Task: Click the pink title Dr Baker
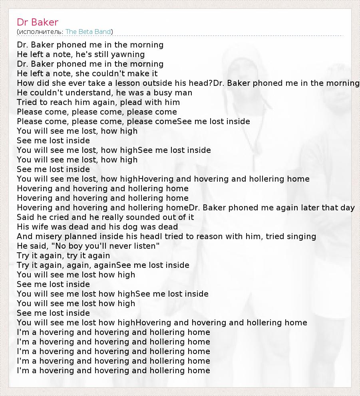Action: click(38, 22)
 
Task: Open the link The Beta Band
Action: click(88, 32)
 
